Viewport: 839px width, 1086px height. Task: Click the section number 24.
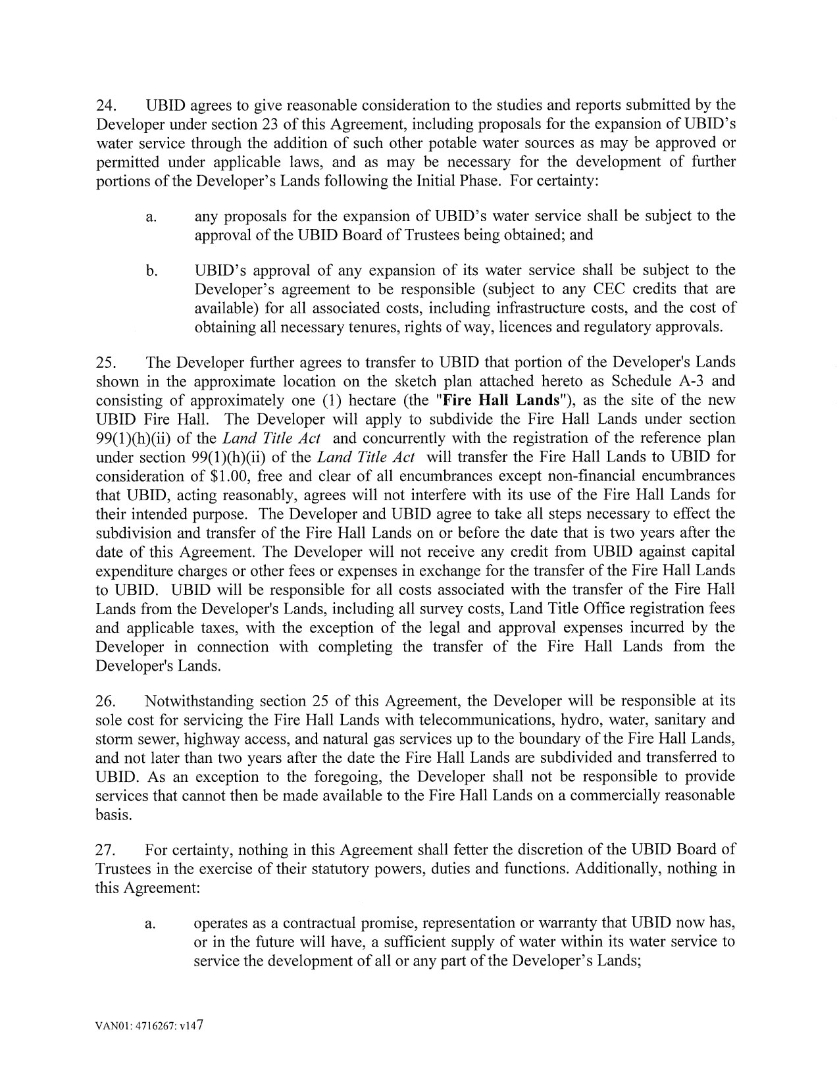tap(106, 105)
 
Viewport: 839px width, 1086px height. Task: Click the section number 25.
tap(106, 363)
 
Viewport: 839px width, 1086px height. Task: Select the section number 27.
tap(106, 850)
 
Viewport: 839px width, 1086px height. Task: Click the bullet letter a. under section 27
tap(151, 923)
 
